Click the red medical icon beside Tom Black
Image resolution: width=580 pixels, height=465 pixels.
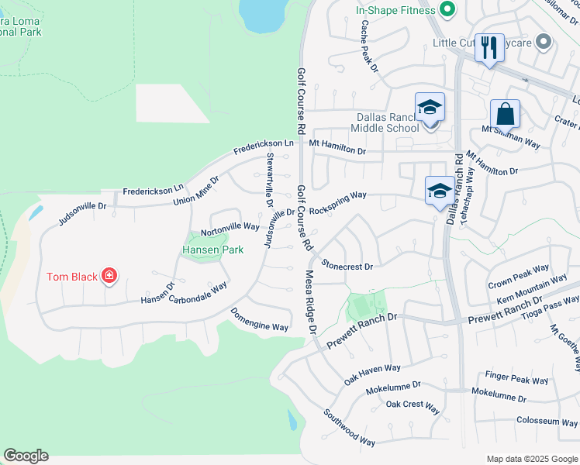(109, 276)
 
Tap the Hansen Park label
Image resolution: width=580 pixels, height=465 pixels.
(212, 250)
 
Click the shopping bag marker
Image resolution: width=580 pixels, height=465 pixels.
(505, 115)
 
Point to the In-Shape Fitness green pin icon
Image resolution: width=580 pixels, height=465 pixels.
(446, 10)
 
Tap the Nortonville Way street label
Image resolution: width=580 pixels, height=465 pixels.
(230, 227)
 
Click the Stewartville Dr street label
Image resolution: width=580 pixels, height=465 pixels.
(270, 177)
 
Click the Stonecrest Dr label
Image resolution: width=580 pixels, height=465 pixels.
(347, 265)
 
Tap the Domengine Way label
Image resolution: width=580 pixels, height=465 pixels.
(260, 320)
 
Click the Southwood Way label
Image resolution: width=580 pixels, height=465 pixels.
(349, 427)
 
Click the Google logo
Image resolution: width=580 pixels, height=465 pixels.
(26, 456)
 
